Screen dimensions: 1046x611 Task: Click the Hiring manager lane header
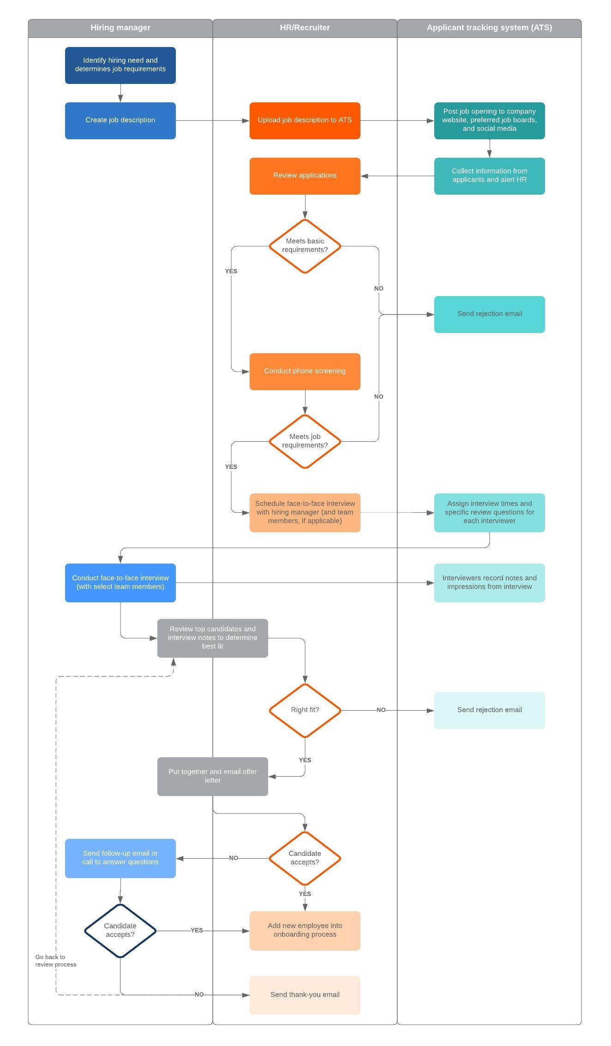coord(120,28)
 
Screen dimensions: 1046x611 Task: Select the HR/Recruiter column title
coord(305,28)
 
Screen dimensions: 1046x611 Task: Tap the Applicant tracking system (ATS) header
coord(489,28)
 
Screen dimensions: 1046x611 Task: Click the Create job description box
coord(120,120)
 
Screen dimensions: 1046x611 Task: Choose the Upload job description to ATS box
coord(305,120)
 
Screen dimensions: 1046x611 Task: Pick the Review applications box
coord(305,176)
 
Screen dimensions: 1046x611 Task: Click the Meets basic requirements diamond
coord(305,246)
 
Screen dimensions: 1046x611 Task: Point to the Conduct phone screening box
coord(305,371)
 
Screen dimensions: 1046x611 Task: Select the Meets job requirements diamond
coord(305,441)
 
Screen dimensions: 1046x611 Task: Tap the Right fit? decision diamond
coord(305,710)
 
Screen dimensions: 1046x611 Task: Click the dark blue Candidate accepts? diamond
coord(120,931)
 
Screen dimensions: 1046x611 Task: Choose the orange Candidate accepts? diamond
coord(305,858)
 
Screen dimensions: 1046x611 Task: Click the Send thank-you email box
coord(305,995)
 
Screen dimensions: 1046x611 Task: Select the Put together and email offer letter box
coord(212,776)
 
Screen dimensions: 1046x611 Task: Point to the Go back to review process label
coord(55,961)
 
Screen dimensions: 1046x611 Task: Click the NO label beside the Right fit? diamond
coord(381,710)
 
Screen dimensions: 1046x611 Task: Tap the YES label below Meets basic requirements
coord(231,271)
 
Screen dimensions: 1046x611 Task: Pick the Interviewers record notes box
coord(489,582)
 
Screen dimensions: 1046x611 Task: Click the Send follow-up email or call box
coord(120,858)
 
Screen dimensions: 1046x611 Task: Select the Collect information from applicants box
coord(489,176)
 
